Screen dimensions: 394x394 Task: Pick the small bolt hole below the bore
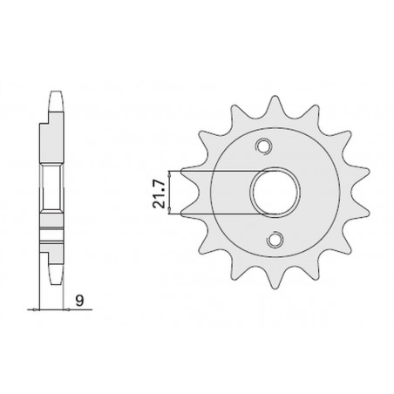pyautogui.click(x=276, y=237)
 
